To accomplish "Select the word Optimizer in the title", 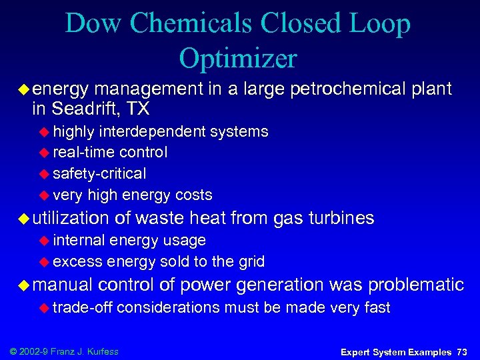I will pos(237,59).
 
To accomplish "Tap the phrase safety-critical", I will pos(99,174).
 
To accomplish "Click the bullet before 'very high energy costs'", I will pos(45,195).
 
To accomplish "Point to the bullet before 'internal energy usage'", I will pos(45,241).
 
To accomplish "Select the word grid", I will pos(251,261).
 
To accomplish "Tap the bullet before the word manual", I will pos(24,285).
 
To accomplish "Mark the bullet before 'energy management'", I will pos(24,89).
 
